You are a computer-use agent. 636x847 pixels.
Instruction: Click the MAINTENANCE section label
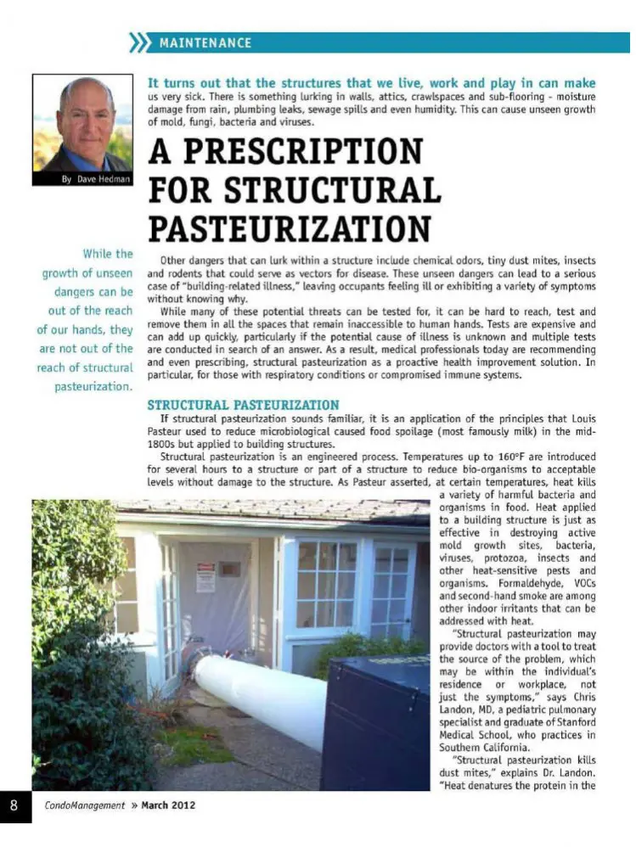pyautogui.click(x=205, y=42)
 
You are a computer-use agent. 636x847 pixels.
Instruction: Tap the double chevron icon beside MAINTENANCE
pyautogui.click(x=138, y=42)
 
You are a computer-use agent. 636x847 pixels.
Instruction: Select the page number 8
pyautogui.click(x=14, y=805)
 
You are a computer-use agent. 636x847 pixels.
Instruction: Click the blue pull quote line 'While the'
pyautogui.click(x=107, y=254)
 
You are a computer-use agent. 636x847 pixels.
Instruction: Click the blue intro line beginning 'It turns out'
pyautogui.click(x=371, y=83)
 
